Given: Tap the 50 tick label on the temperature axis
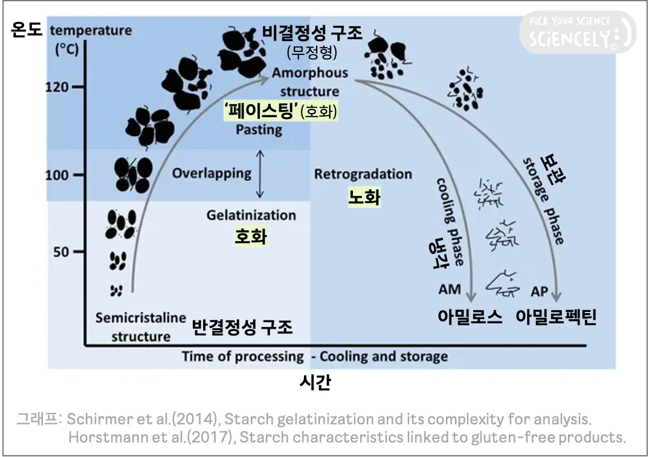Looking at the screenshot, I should point(61,251).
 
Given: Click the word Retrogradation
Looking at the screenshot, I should point(363,174).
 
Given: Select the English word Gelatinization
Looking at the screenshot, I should point(251,215).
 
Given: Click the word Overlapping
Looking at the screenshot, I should point(211,173).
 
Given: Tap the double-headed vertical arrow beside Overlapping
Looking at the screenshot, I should point(260,174).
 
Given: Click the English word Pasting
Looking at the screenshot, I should point(259,129).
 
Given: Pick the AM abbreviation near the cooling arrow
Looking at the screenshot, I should point(450,290).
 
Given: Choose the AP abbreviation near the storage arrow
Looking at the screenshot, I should point(540,291).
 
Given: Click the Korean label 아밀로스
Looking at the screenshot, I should point(470,317).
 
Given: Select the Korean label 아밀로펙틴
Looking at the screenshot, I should point(556,317).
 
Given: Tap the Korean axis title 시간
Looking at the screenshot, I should point(315,383).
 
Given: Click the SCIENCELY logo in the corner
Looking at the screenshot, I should point(578,33).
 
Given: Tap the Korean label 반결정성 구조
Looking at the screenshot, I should point(242,327).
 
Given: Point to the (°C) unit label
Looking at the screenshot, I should point(67,50).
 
